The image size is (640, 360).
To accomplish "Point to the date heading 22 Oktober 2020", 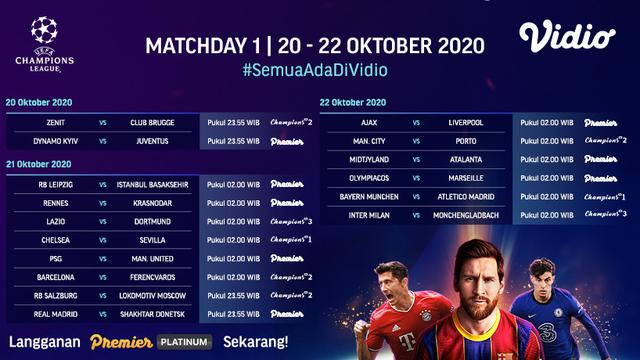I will click(x=353, y=103).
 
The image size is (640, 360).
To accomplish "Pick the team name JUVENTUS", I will click(x=152, y=142).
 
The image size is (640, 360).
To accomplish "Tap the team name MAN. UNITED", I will click(x=152, y=258).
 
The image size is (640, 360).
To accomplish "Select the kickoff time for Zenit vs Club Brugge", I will click(x=234, y=123).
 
